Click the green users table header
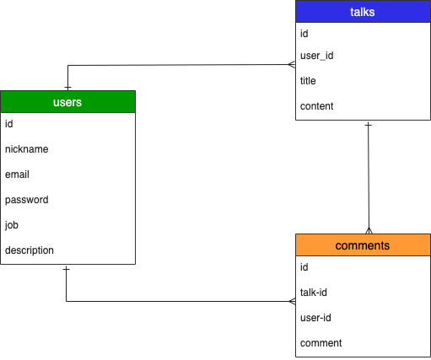(67, 101)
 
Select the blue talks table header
(362, 12)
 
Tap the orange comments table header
(362, 245)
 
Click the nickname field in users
(26, 149)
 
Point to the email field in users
(17, 175)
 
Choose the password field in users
(26, 200)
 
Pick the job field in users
(12, 225)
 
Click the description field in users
(30, 250)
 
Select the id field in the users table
(9, 124)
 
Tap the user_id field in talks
(317, 56)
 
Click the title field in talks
(308, 81)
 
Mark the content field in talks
(317, 106)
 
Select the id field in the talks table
(304, 34)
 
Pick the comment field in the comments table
(321, 343)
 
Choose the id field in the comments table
(304, 267)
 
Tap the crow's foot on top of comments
(368, 229)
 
